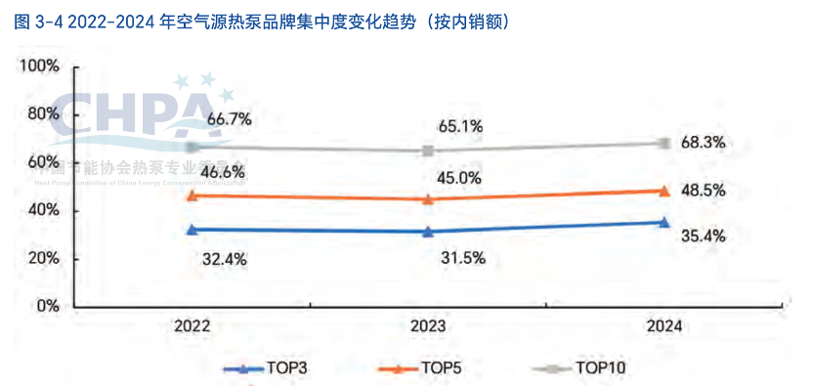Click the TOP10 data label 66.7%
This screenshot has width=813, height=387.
[230, 119]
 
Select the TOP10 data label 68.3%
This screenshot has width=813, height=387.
[703, 143]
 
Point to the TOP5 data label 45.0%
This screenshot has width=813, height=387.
[458, 178]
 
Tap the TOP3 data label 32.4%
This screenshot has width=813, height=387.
[224, 260]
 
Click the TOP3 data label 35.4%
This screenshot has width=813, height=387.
[703, 236]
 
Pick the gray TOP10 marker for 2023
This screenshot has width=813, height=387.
[428, 150]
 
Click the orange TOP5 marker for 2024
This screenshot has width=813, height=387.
[663, 191]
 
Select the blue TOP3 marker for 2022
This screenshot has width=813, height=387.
[193, 230]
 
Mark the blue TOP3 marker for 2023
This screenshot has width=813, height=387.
[428, 232]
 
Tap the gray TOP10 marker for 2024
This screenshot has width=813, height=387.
[663, 143]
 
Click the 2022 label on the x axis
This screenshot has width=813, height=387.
[193, 326]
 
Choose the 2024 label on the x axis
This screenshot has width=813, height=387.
[663, 326]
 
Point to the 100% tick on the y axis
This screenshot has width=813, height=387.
[39, 65]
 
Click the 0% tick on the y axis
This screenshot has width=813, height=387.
[47, 306]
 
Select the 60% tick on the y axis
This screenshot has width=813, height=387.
[43, 161]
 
